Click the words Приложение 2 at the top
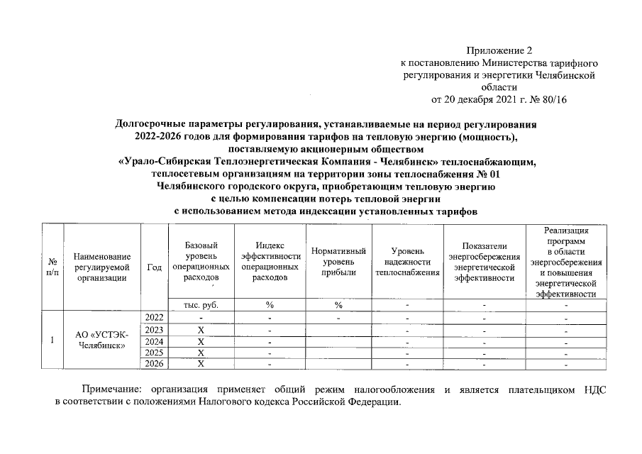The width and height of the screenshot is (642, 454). (x=498, y=51)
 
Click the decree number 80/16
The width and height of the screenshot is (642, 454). (x=552, y=99)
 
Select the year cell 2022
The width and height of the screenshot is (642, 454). (x=154, y=317)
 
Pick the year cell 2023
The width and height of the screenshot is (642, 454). (x=154, y=329)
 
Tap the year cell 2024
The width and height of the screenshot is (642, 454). (x=154, y=341)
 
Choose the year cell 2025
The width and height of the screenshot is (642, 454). (x=154, y=353)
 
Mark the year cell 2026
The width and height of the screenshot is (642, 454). (x=154, y=364)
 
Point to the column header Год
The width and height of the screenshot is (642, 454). (x=154, y=267)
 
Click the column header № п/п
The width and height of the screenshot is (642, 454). (x=52, y=267)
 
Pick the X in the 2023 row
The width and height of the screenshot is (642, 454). (x=201, y=330)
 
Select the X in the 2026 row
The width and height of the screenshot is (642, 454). (x=201, y=365)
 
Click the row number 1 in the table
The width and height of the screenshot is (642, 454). (x=52, y=340)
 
